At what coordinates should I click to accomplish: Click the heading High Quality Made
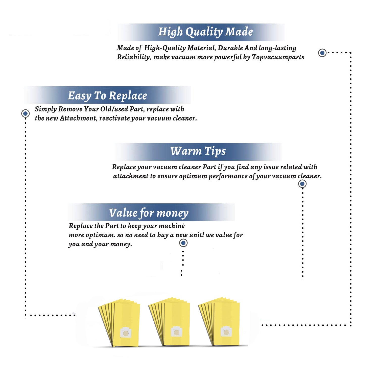click(x=205, y=32)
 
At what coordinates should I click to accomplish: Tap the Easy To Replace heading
click(x=107, y=96)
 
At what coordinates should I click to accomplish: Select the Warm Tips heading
click(x=198, y=151)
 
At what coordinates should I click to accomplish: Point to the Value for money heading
click(x=149, y=213)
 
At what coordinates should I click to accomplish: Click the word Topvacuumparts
click(x=278, y=57)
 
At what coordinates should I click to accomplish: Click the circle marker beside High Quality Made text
click(x=322, y=53)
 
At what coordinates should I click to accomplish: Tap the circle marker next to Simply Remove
click(x=25, y=113)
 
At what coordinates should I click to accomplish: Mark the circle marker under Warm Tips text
click(x=302, y=184)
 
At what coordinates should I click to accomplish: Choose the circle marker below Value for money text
click(x=183, y=243)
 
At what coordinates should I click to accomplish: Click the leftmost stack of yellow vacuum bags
click(x=119, y=323)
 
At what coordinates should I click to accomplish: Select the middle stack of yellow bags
click(x=169, y=321)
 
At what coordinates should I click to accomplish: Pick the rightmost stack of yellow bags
click(x=219, y=321)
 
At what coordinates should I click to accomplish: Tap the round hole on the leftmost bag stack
click(x=126, y=333)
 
